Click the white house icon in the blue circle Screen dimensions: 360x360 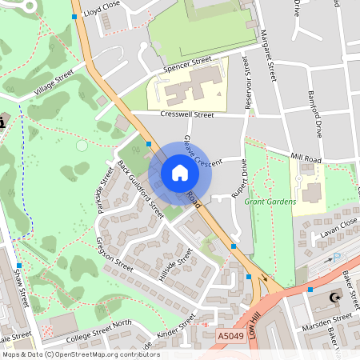pyautogui.click(x=180, y=173)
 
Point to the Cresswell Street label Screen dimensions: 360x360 pyautogui.click(x=187, y=115)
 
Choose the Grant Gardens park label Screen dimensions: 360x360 pyautogui.click(x=270, y=202)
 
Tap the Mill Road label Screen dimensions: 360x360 pyautogui.click(x=305, y=158)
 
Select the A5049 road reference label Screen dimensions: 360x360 pyautogui.click(x=231, y=338)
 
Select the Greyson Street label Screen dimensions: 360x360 pyautogui.click(x=114, y=254)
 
